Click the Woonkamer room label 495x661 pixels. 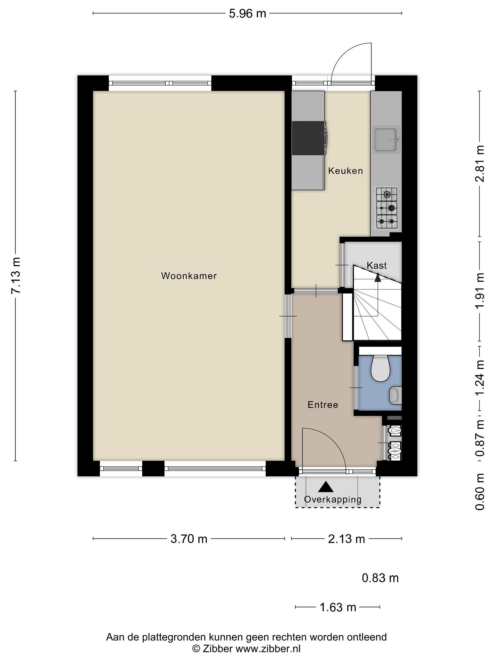[189, 276]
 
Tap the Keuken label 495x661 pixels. [346, 171]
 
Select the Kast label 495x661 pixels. [377, 265]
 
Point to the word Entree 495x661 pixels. [323, 405]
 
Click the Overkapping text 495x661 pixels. [333, 499]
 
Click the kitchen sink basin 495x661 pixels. [386, 140]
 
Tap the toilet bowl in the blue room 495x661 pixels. [381, 368]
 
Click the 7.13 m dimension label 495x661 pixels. [16, 275]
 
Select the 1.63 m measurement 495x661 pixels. [338, 607]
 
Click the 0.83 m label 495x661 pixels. [380, 578]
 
